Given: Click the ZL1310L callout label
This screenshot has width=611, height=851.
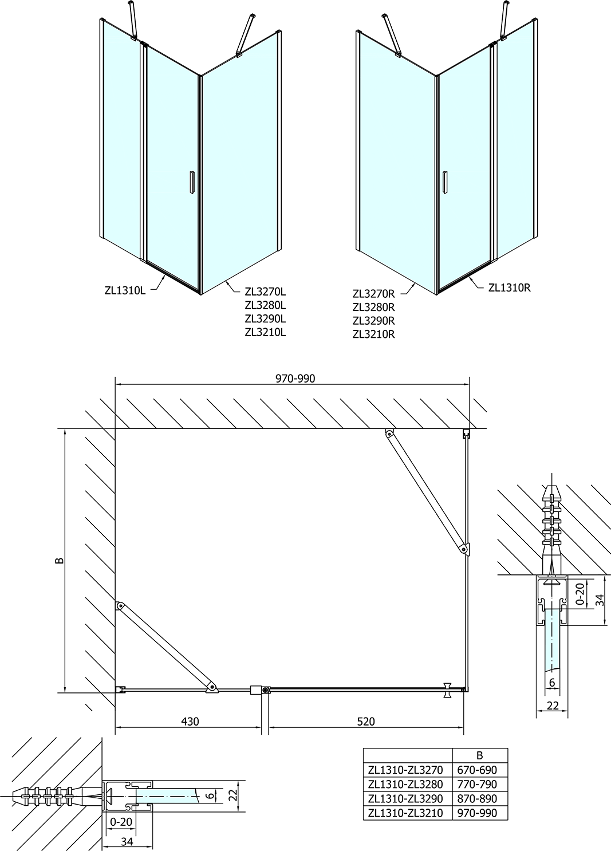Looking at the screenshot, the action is (125, 290).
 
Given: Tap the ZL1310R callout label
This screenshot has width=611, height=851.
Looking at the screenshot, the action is (510, 287).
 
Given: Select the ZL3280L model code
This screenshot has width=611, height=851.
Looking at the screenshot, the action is (265, 305).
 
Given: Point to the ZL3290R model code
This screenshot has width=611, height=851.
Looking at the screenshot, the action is (374, 321).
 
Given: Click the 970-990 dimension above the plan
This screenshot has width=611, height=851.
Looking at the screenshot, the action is (295, 379).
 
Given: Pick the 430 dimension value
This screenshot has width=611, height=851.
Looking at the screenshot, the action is (190, 721).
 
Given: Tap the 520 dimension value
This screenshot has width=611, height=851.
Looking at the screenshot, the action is (366, 721).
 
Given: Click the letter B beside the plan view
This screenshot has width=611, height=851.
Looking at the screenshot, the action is (60, 561).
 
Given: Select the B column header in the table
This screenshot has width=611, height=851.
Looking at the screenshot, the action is (480, 755).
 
